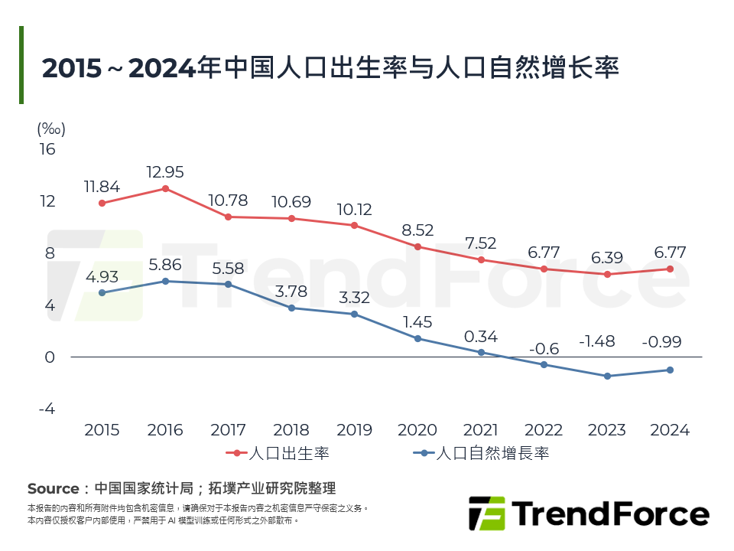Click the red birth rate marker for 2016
click(x=165, y=188)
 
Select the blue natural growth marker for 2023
click(x=607, y=376)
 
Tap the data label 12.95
click(x=165, y=172)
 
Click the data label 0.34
click(x=481, y=336)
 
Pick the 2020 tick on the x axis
click(x=417, y=430)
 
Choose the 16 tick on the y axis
click(x=47, y=149)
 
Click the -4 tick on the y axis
click(x=47, y=409)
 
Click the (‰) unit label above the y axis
click(x=50, y=129)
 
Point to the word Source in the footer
click(x=53, y=488)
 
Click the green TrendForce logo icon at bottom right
click(x=486, y=514)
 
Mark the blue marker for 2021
click(x=481, y=352)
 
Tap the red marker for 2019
click(x=354, y=225)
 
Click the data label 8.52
click(x=417, y=230)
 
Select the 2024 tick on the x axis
click(x=670, y=430)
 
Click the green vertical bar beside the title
click(x=21, y=65)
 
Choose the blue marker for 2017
click(x=228, y=284)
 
